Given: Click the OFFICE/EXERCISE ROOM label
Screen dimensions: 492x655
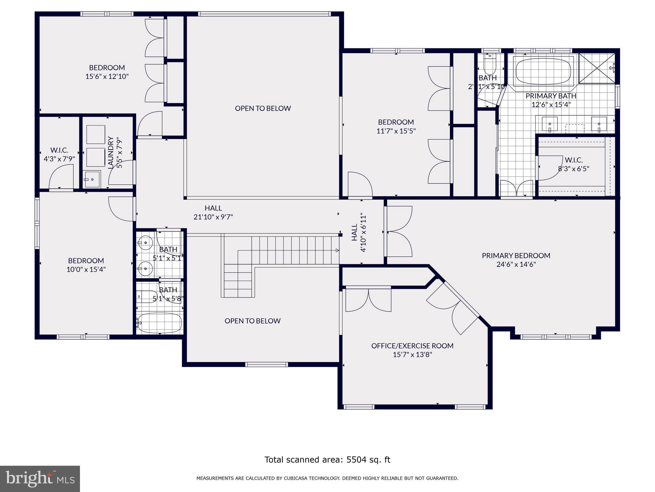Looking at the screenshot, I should [412, 346].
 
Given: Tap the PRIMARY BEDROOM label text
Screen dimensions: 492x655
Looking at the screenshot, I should [516, 255].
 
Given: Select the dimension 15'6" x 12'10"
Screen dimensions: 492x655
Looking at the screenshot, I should [107, 76].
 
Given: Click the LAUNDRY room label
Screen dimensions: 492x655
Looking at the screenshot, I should [111, 152].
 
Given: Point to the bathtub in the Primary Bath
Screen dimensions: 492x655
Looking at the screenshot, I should [543, 71].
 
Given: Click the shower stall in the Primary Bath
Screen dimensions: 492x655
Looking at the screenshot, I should [596, 68].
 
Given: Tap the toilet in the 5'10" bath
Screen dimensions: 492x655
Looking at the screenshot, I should [490, 66].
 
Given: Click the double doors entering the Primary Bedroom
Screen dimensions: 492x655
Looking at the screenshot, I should [398, 231].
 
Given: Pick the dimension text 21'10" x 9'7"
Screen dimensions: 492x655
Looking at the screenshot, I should [213, 217].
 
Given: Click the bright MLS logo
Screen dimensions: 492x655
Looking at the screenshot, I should [40, 479].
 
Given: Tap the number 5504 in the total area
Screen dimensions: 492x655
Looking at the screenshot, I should [355, 460].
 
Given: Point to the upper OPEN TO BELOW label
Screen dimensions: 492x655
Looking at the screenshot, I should [263, 108].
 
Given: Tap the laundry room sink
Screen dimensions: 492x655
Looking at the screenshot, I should [92, 179].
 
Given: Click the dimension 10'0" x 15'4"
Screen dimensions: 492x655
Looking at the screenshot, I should [86, 269].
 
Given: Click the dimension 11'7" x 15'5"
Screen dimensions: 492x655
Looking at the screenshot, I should [396, 131].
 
